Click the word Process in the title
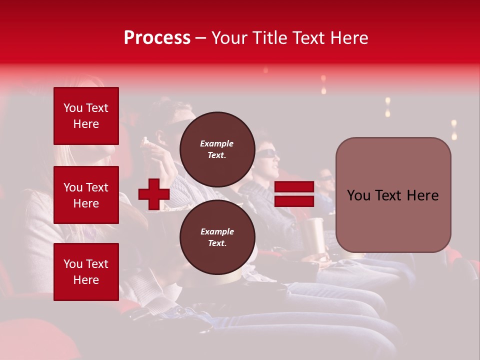pos(157,38)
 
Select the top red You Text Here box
pos(86,116)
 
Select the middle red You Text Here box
pos(86,195)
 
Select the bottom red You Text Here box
pos(86,271)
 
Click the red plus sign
pos(154,194)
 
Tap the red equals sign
pos(294,194)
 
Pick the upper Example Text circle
pos(217,149)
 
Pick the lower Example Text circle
pos(217,237)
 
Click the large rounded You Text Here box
pos(393,195)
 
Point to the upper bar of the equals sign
pos(294,187)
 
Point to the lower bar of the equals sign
pos(294,201)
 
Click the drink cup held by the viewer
pos(315,235)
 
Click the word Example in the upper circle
pos(217,143)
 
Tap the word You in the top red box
pos(73,108)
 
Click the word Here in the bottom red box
pos(86,280)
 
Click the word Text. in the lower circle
pos(217,243)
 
